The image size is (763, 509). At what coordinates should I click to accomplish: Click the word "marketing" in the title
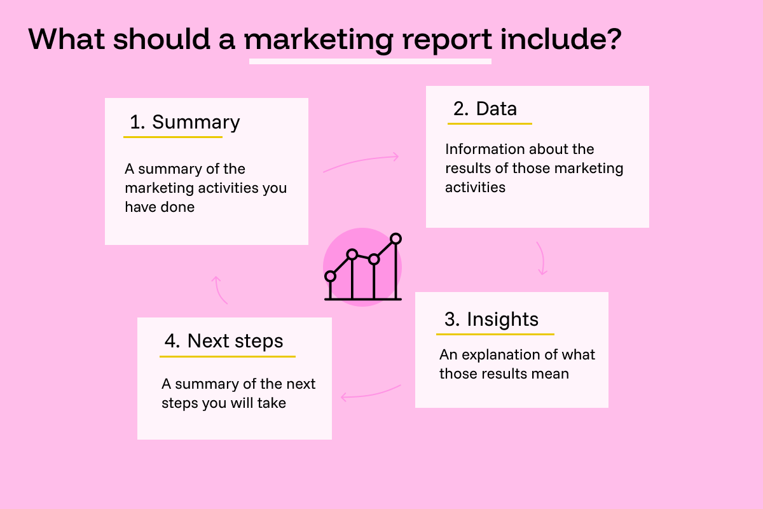[319, 39]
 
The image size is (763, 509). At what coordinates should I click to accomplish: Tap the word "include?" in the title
[560, 39]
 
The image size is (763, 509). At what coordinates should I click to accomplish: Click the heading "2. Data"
[485, 109]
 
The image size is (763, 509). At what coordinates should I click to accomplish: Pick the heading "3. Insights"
[491, 319]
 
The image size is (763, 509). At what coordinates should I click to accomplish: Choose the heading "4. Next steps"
[224, 341]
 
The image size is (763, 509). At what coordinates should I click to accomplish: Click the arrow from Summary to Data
[361, 162]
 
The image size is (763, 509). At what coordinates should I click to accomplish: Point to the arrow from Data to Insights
[541, 258]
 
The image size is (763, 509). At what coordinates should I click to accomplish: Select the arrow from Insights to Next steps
[371, 393]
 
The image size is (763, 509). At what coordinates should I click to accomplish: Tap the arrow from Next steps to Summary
[219, 289]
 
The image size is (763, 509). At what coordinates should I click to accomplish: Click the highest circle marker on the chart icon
[396, 239]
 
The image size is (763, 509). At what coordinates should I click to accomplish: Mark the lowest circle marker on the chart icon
[330, 276]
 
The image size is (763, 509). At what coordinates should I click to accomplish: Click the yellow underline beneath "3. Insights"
[495, 333]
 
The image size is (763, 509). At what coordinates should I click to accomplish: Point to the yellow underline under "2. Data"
[490, 123]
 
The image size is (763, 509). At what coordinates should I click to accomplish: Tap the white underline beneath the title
[370, 62]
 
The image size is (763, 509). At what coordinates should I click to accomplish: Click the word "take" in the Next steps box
[272, 403]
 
